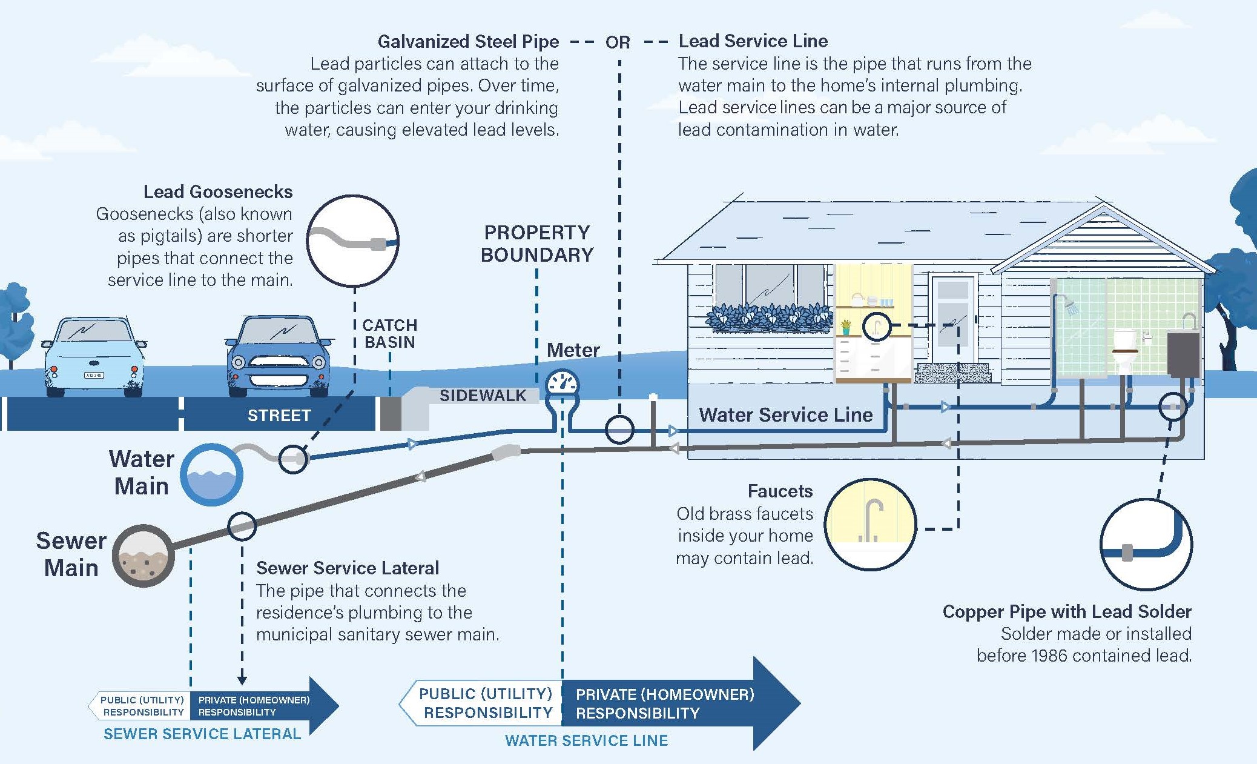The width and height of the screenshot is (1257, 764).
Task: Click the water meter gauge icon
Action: click(x=563, y=384)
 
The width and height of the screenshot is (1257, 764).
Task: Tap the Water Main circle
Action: click(x=211, y=474)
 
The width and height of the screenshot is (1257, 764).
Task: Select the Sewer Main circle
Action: click(x=143, y=556)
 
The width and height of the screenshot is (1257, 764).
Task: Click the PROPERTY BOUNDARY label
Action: click(x=537, y=244)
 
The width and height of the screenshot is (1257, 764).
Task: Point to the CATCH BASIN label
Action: click(x=390, y=334)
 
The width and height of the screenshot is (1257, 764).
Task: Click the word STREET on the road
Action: click(x=279, y=416)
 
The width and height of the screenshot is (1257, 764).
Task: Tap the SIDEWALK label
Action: click(x=483, y=396)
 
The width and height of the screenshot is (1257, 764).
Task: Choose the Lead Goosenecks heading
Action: click(x=218, y=192)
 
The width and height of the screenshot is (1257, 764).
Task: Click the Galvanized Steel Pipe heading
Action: click(x=468, y=41)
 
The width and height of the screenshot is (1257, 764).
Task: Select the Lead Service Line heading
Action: click(x=753, y=41)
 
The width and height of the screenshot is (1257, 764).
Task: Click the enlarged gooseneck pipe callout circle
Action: click(x=352, y=241)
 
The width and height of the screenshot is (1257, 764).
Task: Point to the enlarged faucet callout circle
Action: click(x=871, y=524)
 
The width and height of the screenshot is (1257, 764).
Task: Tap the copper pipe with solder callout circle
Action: click(x=1146, y=545)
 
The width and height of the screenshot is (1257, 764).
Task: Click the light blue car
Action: click(x=94, y=356)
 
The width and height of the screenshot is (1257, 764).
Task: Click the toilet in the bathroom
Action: click(x=1126, y=350)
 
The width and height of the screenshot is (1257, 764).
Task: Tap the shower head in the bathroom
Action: click(x=1072, y=308)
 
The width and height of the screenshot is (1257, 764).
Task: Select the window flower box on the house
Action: click(x=770, y=318)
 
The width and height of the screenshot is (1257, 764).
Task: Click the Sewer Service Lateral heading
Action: click(x=347, y=568)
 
